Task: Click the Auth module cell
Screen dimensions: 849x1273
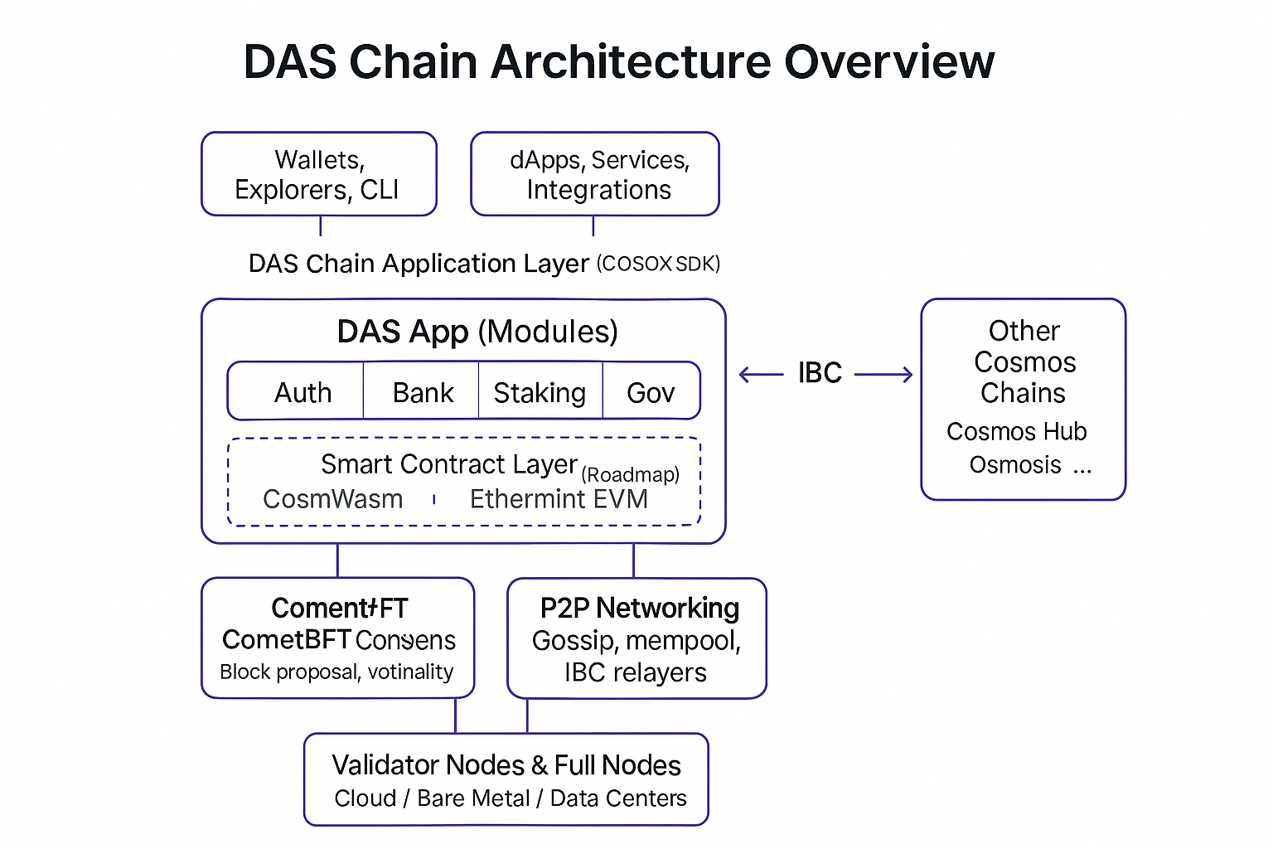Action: point(303,392)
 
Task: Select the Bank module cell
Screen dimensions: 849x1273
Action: point(423,392)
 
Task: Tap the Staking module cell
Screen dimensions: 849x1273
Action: point(540,392)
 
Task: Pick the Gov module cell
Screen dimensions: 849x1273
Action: point(651,392)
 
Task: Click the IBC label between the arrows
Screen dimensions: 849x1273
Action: point(820,373)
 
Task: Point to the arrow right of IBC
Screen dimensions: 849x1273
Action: point(883,375)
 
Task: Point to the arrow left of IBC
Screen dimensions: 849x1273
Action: point(761,375)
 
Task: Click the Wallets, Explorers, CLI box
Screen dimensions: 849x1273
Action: point(318,174)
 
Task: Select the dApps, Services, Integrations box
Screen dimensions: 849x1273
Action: point(595,174)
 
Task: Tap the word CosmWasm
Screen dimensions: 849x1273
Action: point(333,499)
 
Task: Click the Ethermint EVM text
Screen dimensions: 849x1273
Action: point(559,499)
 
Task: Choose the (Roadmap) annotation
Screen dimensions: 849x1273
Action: point(630,474)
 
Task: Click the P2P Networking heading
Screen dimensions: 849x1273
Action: point(639,608)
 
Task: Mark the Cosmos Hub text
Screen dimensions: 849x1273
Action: point(1016,431)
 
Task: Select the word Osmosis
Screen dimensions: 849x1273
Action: point(1015,464)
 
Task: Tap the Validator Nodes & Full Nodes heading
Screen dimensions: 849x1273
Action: point(506,764)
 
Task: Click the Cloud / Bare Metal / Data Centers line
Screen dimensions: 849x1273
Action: point(511,798)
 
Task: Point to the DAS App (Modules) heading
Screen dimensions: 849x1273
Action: point(477,332)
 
